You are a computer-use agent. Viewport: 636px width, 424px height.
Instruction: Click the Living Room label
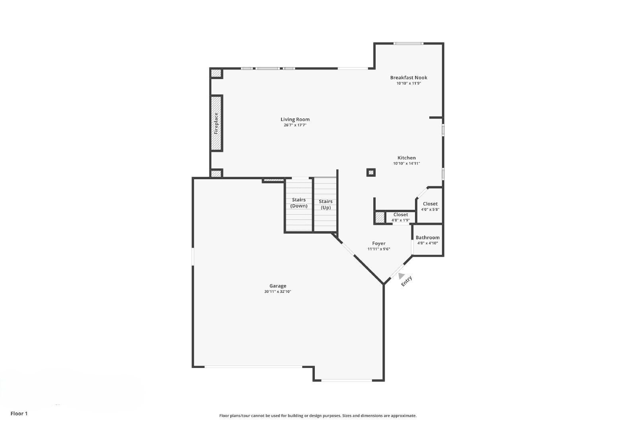(295, 119)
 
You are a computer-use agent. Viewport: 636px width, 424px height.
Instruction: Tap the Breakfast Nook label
(409, 77)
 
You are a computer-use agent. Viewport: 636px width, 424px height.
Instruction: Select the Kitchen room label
(407, 158)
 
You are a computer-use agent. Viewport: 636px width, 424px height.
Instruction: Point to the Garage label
(278, 286)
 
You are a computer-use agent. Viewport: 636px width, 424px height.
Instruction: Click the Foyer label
(379, 244)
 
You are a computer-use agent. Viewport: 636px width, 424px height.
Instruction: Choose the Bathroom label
(428, 238)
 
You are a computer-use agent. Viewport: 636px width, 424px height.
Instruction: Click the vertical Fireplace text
(216, 123)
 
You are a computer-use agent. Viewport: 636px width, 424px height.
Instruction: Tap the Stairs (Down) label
(299, 203)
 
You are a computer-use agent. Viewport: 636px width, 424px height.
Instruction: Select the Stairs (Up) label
(326, 204)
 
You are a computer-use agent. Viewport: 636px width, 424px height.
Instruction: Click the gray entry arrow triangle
(401, 275)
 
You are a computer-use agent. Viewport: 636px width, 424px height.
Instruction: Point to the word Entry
(407, 281)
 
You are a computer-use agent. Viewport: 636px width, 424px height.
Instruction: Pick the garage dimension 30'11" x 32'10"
(278, 292)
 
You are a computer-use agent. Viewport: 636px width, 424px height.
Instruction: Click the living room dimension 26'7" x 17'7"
(295, 125)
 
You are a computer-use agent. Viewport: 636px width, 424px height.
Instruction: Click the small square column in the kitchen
(371, 172)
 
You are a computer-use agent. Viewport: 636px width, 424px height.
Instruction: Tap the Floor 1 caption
(19, 414)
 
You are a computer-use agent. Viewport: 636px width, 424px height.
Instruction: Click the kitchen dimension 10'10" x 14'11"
(407, 163)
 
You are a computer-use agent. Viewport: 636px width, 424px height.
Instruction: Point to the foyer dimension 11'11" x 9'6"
(379, 249)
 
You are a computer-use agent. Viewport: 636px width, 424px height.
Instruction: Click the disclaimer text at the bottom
(318, 416)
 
